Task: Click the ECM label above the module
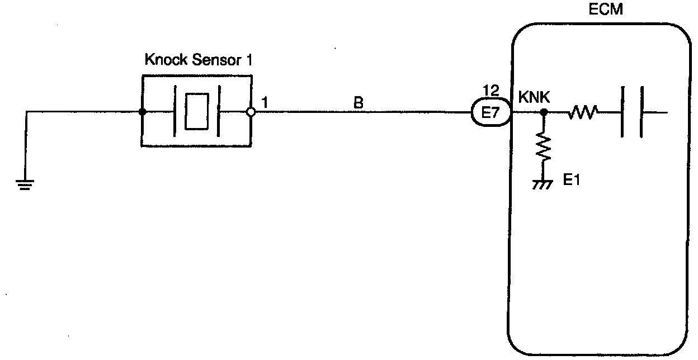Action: pyautogui.click(x=605, y=11)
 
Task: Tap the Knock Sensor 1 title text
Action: pyautogui.click(x=199, y=60)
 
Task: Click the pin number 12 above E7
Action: pyautogui.click(x=489, y=90)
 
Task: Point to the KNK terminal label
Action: pyautogui.click(x=534, y=97)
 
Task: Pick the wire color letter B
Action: pyautogui.click(x=358, y=103)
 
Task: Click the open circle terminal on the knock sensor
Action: pyautogui.click(x=251, y=112)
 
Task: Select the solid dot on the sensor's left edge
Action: pyautogui.click(x=143, y=112)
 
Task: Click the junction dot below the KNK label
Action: pyautogui.click(x=543, y=112)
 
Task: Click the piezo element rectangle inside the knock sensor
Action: pyautogui.click(x=196, y=112)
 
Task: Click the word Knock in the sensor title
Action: pyautogui.click(x=164, y=60)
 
